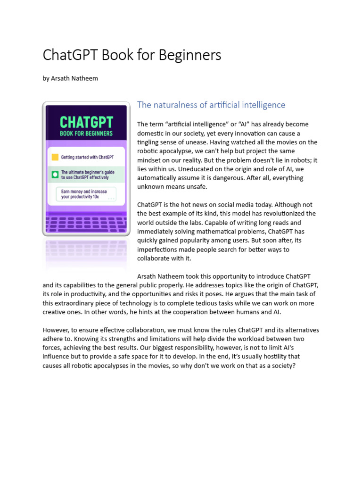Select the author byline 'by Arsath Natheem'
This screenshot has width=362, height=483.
[70, 78]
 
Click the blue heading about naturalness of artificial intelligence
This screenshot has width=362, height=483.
[211, 105]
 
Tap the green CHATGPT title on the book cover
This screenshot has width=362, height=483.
[86, 123]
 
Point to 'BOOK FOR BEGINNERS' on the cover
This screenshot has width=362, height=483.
[86, 133]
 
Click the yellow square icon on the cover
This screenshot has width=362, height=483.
[55, 157]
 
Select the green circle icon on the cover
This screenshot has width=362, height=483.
[55, 175]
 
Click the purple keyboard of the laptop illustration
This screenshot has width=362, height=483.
[86, 222]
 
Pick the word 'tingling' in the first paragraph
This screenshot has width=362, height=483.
[149, 142]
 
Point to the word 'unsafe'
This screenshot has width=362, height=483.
[197, 187]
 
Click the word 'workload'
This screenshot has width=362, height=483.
[252, 339]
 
